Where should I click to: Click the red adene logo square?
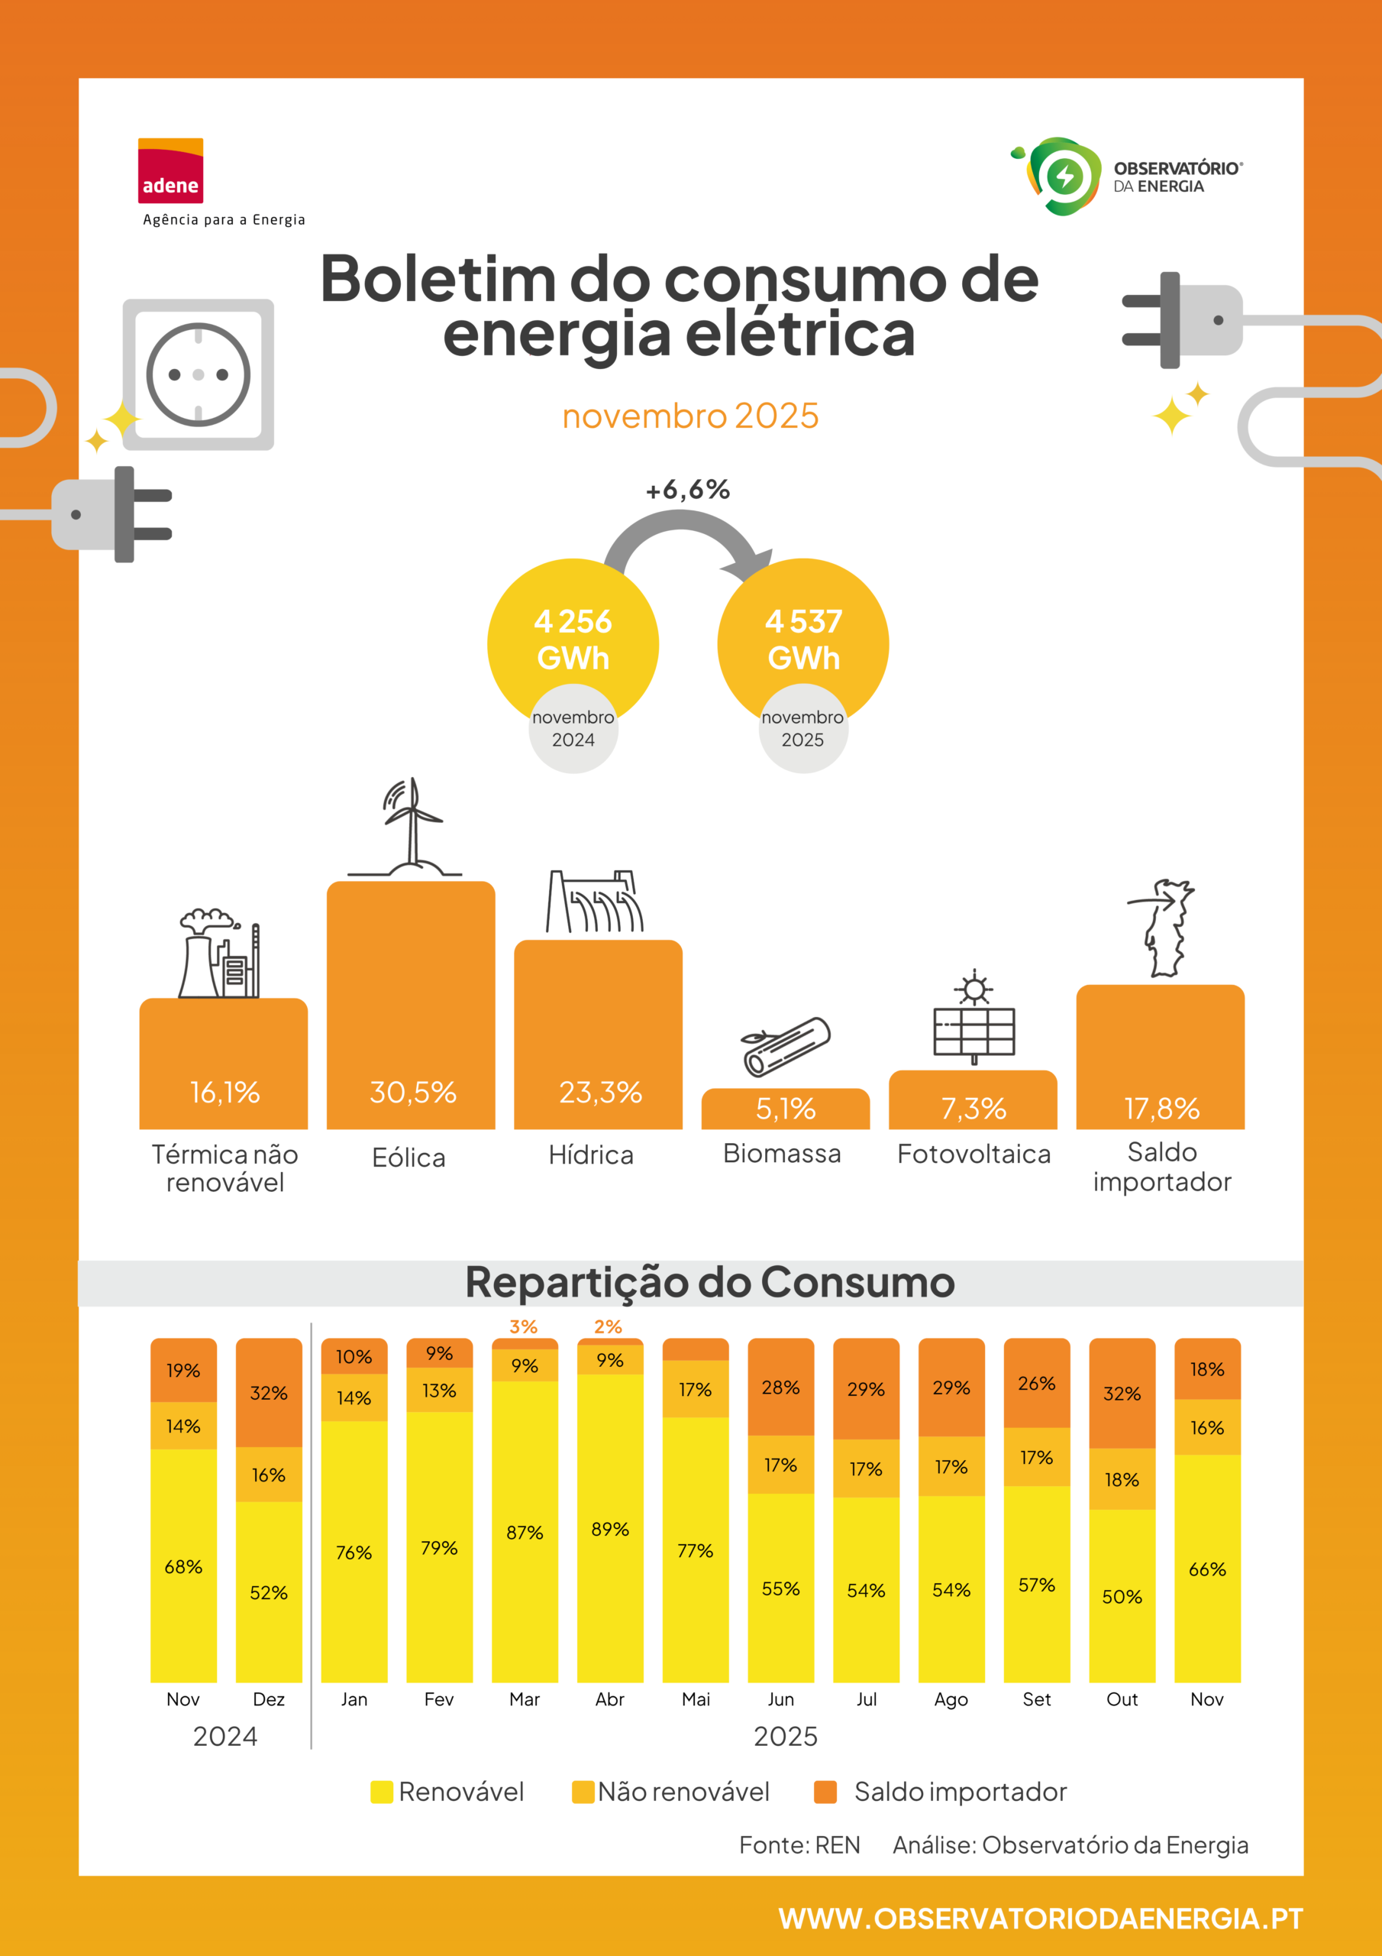pyautogui.click(x=170, y=170)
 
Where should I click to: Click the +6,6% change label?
pyautogui.click(x=688, y=490)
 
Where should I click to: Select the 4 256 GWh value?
pyautogui.click(x=573, y=639)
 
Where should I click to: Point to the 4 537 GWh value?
pyautogui.click(x=804, y=639)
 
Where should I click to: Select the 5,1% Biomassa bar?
pyautogui.click(x=786, y=1109)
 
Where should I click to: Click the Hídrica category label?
pyautogui.click(x=591, y=1155)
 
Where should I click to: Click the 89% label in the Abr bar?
pyautogui.click(x=609, y=1529)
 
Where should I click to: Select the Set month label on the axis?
pyautogui.click(x=1036, y=1699)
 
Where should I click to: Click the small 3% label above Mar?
pyautogui.click(x=524, y=1326)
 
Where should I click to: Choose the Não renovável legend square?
pyautogui.click(x=583, y=1792)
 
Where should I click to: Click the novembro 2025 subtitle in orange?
pyautogui.click(x=690, y=416)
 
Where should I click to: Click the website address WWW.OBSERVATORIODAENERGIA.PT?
pyautogui.click(x=1041, y=1918)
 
